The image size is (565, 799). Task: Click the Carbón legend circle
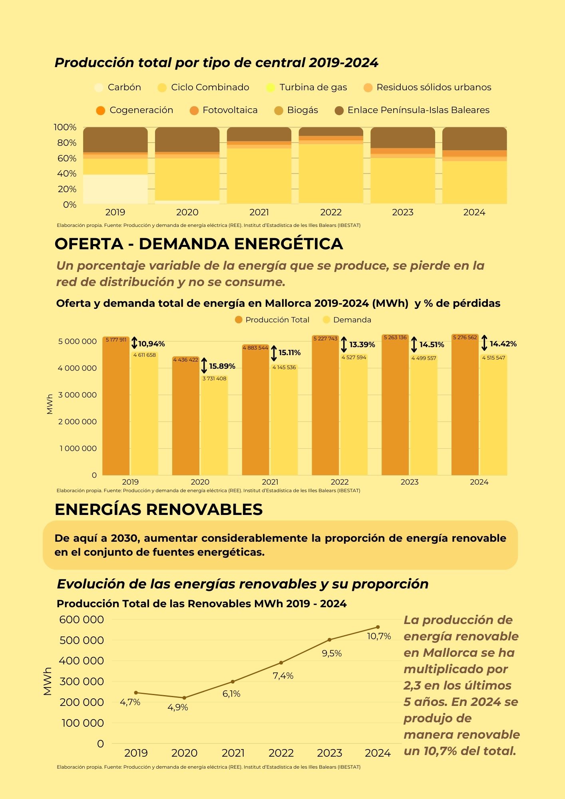[99, 87]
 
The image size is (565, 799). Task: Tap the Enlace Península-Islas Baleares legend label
[418, 110]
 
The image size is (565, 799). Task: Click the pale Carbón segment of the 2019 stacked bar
[115, 189]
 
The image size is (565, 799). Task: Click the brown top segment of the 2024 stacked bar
[474, 139]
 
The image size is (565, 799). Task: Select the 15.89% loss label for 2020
[222, 366]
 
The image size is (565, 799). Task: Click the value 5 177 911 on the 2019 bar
[116, 340]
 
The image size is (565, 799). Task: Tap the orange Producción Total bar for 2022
[325, 411]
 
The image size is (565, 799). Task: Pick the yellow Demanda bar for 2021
[284, 423]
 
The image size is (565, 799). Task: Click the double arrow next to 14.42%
[484, 343]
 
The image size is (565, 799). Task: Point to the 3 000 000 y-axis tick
[78, 395]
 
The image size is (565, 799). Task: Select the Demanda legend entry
[352, 320]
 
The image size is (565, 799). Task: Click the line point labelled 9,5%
[330, 640]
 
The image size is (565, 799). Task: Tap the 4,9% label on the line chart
[177, 708]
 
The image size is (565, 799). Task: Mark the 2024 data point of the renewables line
[378, 627]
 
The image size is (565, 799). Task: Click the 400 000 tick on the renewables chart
[82, 661]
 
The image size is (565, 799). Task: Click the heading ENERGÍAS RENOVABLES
[159, 510]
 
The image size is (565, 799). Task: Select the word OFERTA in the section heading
[89, 244]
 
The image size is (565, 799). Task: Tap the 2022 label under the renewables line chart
[281, 753]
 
